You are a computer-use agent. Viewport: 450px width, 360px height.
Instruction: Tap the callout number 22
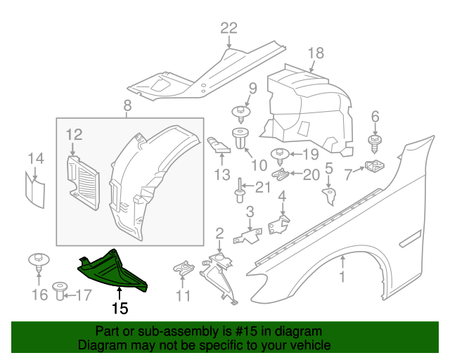point(229,29)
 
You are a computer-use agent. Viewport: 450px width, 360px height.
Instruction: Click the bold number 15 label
point(119,308)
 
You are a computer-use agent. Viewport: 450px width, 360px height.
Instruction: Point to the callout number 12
point(75,134)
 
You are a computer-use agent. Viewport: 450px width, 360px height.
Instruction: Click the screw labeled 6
point(375,143)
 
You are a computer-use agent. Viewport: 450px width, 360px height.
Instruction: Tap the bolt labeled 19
point(278,154)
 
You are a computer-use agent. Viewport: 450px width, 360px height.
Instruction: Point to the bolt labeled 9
point(243,112)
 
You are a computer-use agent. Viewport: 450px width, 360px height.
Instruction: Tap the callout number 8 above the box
point(127,106)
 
